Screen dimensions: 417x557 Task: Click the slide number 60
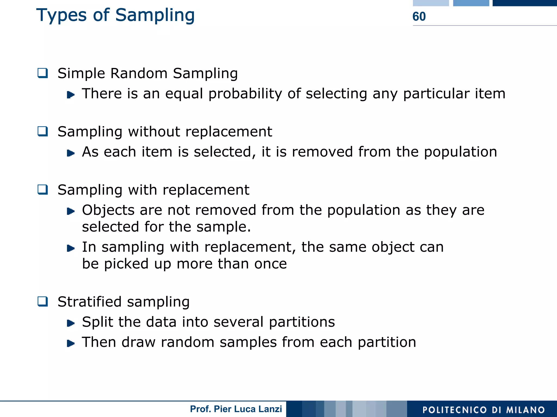coord(419,17)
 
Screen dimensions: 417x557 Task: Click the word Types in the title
coord(61,15)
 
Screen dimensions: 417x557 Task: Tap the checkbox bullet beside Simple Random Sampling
coord(43,73)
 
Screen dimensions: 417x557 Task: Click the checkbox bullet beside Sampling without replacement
coord(43,132)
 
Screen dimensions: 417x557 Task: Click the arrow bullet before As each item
coord(71,153)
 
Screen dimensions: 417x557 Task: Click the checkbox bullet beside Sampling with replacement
coord(43,190)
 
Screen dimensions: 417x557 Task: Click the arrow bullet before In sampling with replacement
coord(71,248)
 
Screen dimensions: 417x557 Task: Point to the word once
coord(270,264)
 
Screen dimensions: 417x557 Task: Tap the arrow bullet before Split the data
coord(71,323)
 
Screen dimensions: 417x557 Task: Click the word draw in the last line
coord(138,342)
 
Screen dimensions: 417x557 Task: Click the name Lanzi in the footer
coord(270,409)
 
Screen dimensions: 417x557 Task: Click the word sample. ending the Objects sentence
coord(224,227)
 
